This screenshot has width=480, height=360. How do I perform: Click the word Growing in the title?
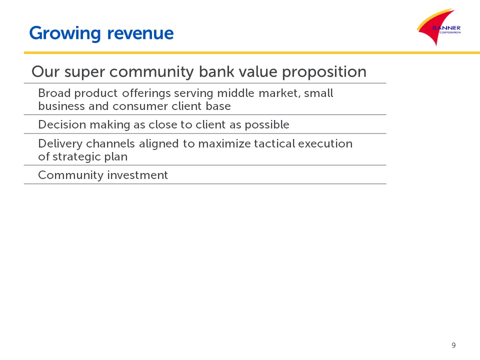click(x=65, y=33)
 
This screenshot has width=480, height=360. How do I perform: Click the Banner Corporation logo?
click(x=438, y=27)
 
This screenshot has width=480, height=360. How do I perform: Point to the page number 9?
click(x=453, y=345)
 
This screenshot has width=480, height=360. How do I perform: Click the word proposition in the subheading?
click(x=324, y=72)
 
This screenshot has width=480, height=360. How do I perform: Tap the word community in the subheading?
click(x=151, y=72)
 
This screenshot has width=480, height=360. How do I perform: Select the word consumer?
click(x=140, y=106)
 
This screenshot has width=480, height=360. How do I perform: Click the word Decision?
click(x=62, y=124)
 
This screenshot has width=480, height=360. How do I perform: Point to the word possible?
click(x=267, y=125)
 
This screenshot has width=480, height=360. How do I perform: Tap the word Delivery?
click(x=60, y=144)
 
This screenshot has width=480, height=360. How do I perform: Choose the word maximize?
click(x=224, y=143)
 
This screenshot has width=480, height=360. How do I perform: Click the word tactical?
click(x=274, y=143)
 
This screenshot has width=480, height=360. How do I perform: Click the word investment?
click(x=137, y=175)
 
